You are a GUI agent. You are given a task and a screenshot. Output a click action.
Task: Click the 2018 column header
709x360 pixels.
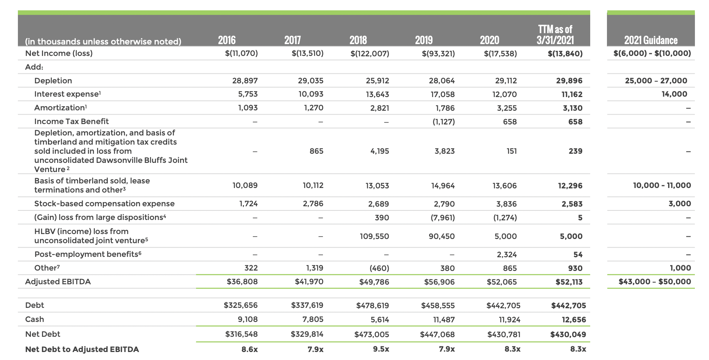click(358, 40)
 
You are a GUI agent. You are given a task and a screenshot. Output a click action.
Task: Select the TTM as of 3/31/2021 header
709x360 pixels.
click(555, 35)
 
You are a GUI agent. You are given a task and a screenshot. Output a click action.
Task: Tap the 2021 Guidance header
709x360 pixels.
click(650, 40)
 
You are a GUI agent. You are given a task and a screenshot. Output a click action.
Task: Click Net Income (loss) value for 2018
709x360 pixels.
click(369, 54)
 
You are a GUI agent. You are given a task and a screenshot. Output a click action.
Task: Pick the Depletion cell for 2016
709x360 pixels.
click(245, 81)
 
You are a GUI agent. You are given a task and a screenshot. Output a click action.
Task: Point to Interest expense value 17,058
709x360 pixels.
click(442, 94)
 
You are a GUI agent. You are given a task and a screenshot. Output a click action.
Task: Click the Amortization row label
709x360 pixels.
click(60, 108)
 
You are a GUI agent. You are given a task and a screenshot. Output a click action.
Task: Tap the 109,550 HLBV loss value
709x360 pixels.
click(374, 236)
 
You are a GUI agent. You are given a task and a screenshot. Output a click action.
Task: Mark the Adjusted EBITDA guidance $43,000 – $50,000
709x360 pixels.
click(654, 282)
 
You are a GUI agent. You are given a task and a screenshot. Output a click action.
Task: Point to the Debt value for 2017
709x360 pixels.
click(307, 306)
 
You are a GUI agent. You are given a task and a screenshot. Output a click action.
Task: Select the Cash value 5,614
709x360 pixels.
click(380, 320)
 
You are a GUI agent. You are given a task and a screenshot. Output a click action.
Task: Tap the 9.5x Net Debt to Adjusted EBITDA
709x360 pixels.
click(381, 349)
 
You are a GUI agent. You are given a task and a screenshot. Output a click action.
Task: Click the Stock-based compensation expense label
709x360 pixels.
click(104, 204)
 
